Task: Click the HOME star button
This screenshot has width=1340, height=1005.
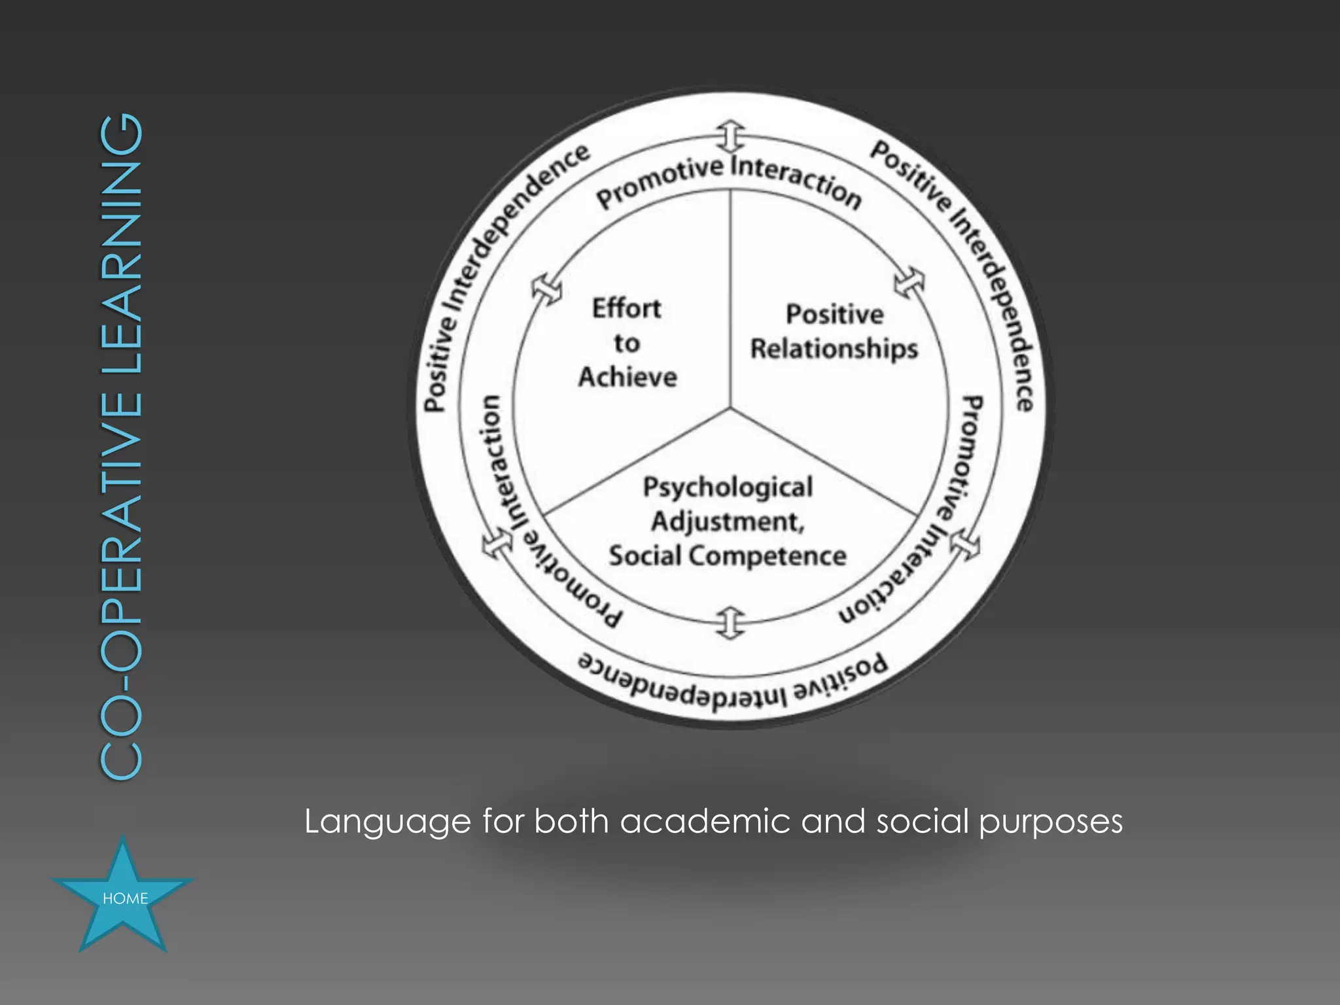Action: (123, 897)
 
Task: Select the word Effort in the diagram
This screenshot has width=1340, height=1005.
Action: (626, 308)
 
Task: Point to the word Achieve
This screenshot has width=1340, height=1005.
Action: (627, 377)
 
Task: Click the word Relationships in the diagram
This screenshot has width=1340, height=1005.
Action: (834, 349)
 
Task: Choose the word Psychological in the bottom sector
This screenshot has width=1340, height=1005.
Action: (728, 487)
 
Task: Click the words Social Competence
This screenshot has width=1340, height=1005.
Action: (728, 556)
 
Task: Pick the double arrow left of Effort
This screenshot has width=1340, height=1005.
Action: (546, 289)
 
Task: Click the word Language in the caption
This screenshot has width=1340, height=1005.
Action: (387, 822)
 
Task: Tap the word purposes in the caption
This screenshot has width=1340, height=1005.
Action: (1051, 822)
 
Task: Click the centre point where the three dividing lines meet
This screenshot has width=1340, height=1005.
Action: (730, 409)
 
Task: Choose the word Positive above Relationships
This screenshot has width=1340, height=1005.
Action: (834, 315)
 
